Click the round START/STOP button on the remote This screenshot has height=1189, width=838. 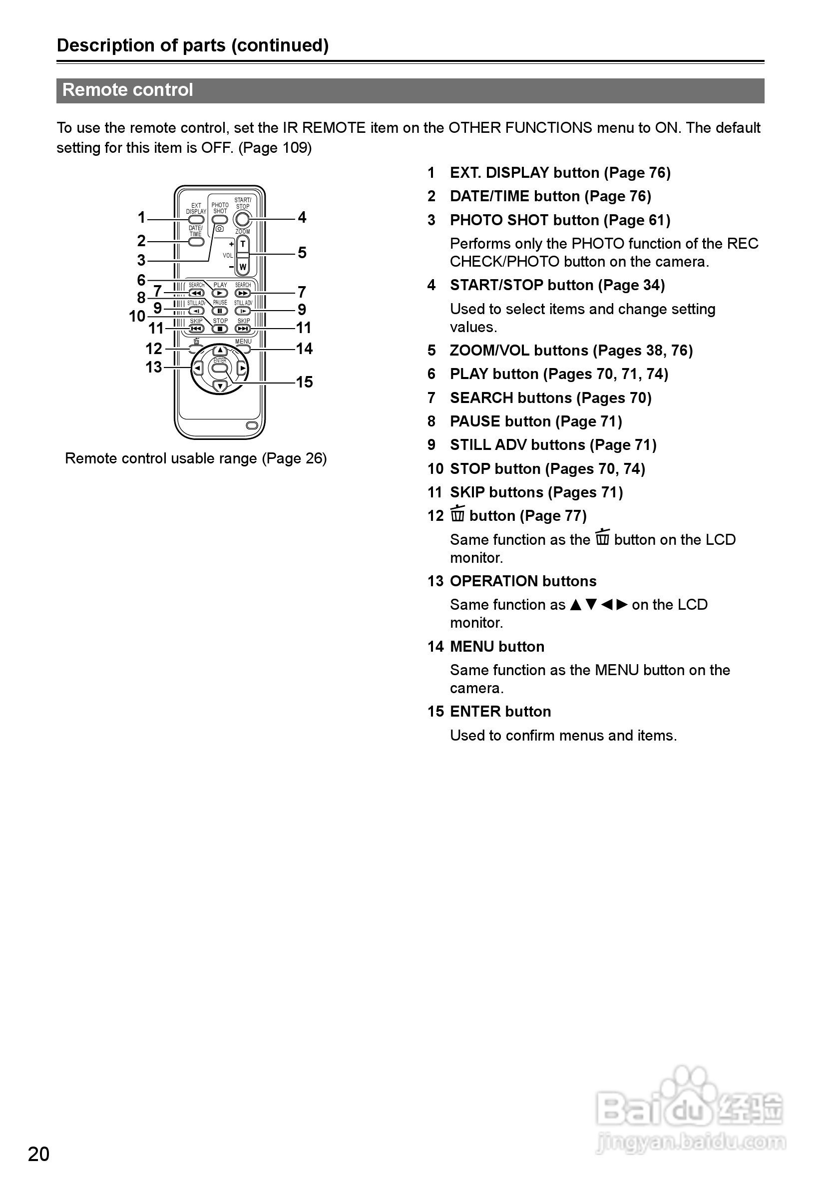click(x=242, y=220)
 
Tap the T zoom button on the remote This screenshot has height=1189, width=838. click(x=242, y=244)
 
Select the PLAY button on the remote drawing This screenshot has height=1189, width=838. click(x=220, y=293)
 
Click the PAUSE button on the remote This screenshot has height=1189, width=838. click(x=220, y=311)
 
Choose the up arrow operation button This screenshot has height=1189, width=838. click(x=220, y=351)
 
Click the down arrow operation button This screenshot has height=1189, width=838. click(x=220, y=386)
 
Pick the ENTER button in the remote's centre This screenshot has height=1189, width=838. click(x=220, y=368)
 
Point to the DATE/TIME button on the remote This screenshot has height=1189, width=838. click(x=196, y=241)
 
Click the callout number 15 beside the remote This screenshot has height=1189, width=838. click(x=305, y=382)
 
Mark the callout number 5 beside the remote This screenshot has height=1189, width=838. click(x=302, y=253)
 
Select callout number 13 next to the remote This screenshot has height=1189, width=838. click(x=153, y=367)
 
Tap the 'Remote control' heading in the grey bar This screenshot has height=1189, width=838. click(x=127, y=90)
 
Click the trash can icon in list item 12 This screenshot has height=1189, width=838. click(x=457, y=514)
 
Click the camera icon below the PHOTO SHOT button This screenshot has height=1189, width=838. click(x=220, y=228)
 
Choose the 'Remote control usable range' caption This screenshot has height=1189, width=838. click(x=195, y=458)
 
